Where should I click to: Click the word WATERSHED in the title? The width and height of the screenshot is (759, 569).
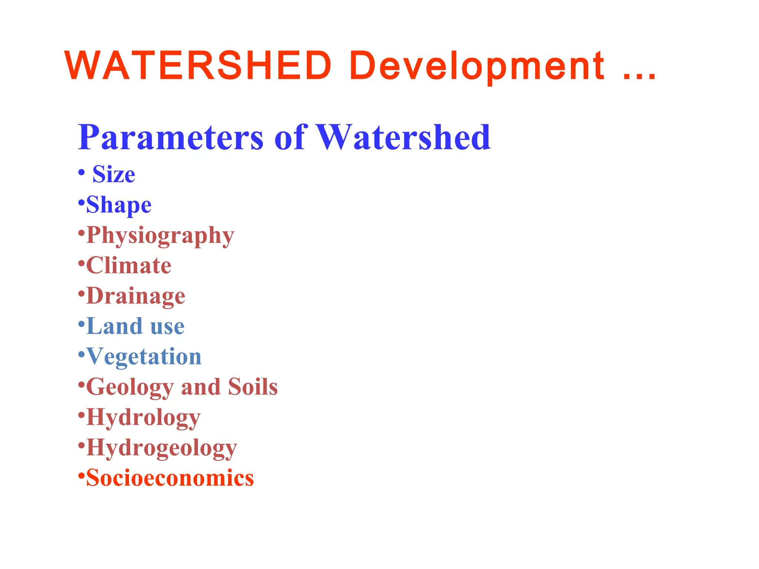(x=198, y=66)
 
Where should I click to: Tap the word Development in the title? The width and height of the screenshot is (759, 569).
(x=477, y=66)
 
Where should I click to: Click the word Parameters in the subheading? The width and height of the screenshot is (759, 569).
(x=170, y=137)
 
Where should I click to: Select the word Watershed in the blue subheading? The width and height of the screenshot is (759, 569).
(x=403, y=137)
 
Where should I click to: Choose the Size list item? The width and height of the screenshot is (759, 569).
(x=113, y=174)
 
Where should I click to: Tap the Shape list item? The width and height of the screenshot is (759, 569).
(x=119, y=205)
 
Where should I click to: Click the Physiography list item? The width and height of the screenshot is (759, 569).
(x=160, y=235)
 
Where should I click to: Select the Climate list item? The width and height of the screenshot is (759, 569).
(x=129, y=266)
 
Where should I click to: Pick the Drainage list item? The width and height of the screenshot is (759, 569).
(x=135, y=296)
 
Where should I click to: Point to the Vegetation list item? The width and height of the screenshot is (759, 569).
(x=144, y=357)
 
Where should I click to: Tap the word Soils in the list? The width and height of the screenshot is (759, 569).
(x=253, y=387)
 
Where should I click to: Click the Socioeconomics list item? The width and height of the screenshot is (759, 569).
(x=170, y=478)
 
